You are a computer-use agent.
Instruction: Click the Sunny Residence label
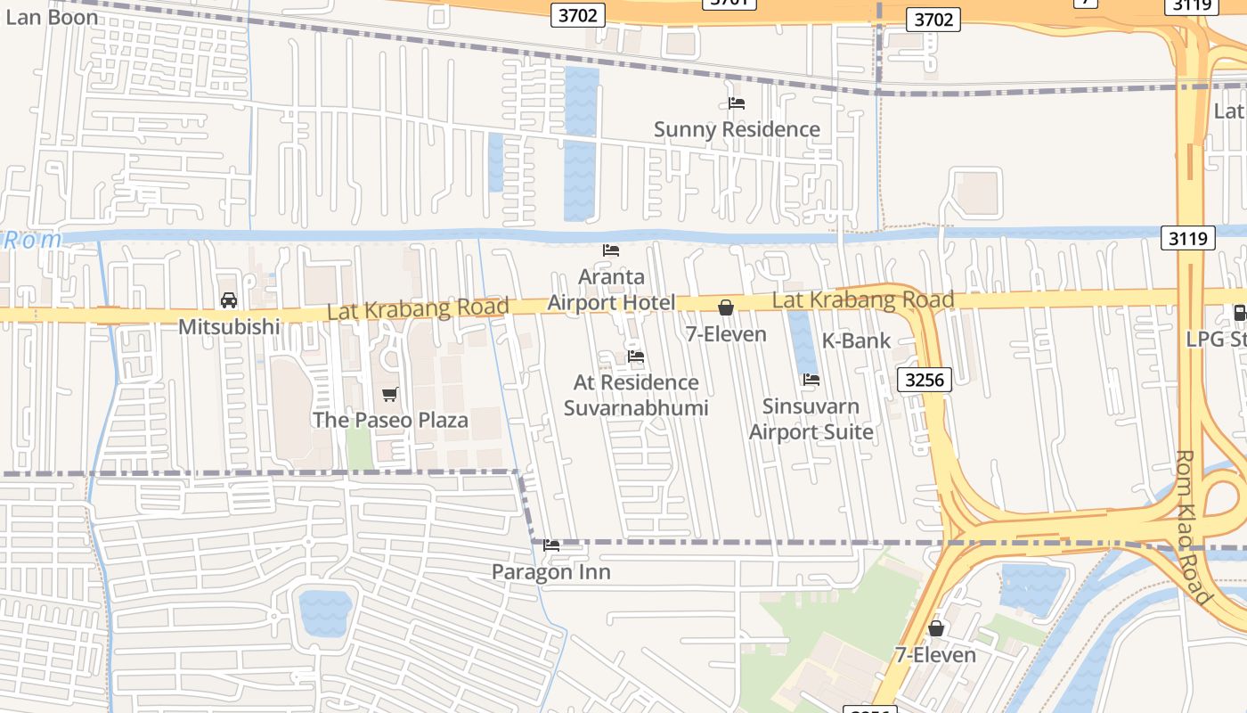(737, 129)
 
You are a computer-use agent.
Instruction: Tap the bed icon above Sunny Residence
(737, 103)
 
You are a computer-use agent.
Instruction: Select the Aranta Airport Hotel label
(611, 290)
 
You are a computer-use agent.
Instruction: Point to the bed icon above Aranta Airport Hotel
(611, 250)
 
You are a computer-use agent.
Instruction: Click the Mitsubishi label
(229, 327)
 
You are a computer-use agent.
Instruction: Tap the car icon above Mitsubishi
(229, 300)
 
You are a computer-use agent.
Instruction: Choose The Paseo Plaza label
(390, 420)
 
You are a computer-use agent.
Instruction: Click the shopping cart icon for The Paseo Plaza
(389, 394)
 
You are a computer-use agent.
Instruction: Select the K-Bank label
(855, 340)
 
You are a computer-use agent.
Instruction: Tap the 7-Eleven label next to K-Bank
(726, 334)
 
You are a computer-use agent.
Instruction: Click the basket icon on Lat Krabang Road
(726, 308)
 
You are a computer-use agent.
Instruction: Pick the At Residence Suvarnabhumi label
(636, 395)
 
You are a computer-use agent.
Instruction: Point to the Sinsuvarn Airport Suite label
(811, 419)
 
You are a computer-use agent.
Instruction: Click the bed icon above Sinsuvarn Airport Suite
(811, 380)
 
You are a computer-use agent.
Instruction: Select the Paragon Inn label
(551, 572)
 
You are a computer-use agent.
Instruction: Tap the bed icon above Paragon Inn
(551, 545)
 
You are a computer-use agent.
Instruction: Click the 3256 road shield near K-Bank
(924, 380)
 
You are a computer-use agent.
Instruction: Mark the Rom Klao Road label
(1194, 527)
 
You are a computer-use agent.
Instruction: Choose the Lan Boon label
(52, 17)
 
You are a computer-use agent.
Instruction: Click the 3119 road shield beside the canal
(1188, 238)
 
